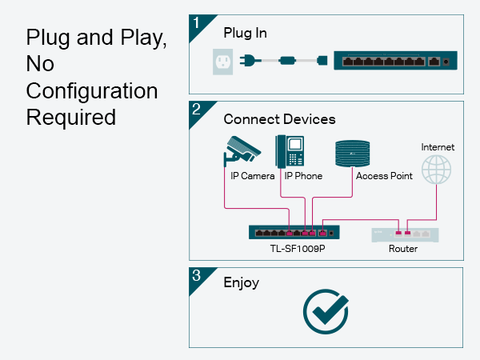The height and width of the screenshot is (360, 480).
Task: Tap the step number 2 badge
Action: (x=196, y=109)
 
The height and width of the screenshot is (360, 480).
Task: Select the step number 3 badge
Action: (x=196, y=275)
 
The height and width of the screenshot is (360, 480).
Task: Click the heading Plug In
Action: (x=246, y=34)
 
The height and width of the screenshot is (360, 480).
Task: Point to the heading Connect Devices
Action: (x=279, y=119)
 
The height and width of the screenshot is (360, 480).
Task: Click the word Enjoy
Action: (x=242, y=282)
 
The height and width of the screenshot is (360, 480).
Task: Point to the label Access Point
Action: (x=385, y=176)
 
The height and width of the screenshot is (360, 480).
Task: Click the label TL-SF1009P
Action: (x=294, y=249)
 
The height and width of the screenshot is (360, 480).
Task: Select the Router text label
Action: (x=403, y=249)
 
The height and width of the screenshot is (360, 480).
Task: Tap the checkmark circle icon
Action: (x=326, y=310)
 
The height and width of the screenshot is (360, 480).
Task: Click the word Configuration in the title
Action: (x=92, y=90)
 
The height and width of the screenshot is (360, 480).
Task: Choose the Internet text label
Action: (x=438, y=147)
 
